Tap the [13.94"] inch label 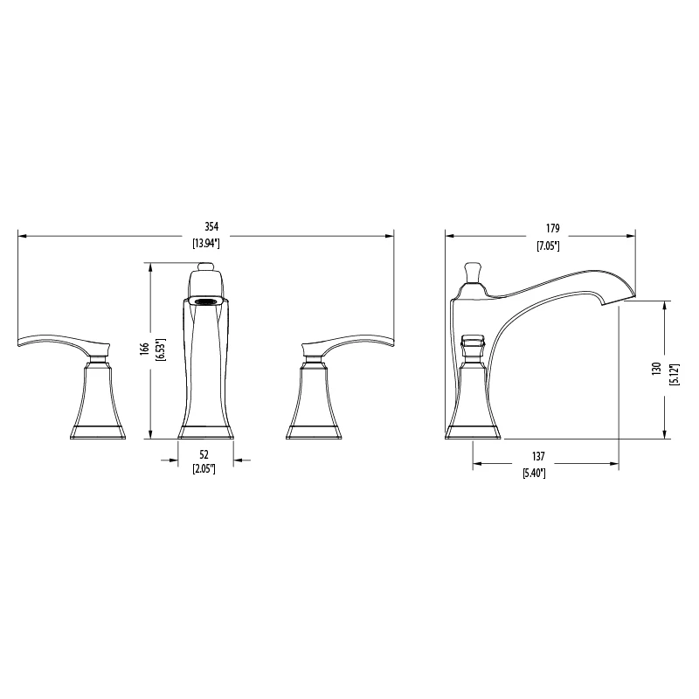click(204, 244)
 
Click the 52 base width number click(204, 453)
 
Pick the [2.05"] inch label click(204, 469)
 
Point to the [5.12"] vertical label click(673, 368)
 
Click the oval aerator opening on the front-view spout click(206, 301)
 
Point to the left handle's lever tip click(22, 343)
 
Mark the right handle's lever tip click(390, 343)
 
